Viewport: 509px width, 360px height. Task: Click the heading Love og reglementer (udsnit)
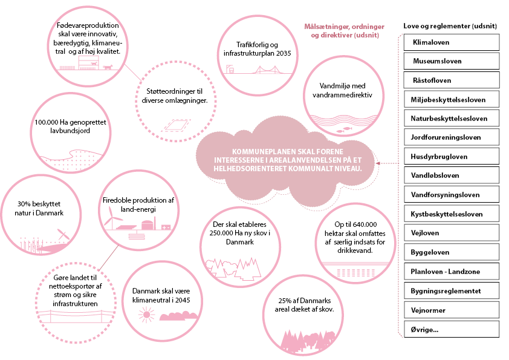point(451,26)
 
